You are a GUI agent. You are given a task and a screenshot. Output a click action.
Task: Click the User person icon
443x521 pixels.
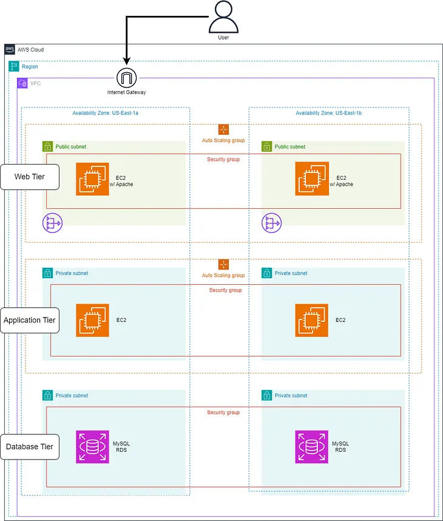tap(223, 16)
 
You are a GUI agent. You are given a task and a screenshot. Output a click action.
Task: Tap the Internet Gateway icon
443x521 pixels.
tap(126, 78)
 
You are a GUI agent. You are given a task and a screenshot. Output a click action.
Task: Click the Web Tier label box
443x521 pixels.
tap(30, 177)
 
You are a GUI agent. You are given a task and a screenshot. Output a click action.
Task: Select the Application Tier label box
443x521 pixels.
tap(30, 320)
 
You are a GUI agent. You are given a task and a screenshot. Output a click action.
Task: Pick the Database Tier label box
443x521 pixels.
tap(30, 447)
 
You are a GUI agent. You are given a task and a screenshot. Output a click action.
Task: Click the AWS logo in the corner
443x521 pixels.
tap(10, 50)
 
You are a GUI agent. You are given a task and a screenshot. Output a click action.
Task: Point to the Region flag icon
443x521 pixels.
tap(14, 66)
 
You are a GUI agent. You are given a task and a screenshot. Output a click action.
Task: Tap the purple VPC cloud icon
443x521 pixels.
tap(22, 83)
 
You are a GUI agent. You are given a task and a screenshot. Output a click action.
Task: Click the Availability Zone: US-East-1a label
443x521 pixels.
tap(105, 113)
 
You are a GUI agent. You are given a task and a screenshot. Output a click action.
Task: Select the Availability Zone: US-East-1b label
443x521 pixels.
tap(329, 113)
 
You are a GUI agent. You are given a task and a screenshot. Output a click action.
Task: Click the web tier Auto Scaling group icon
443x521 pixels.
tap(223, 129)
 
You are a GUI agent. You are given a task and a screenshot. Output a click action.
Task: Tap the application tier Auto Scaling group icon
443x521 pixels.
tap(223, 265)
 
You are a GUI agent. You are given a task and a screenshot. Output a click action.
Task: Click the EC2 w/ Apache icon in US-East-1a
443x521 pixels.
tap(92, 179)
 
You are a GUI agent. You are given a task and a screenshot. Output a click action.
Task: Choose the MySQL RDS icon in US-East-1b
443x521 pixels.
tap(311, 447)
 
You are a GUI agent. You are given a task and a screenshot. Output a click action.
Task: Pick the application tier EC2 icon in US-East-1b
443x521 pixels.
tap(311, 320)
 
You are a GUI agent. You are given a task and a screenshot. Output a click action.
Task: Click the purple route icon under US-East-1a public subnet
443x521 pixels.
tap(52, 223)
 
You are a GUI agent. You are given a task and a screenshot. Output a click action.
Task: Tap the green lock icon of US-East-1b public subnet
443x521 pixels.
tap(266, 146)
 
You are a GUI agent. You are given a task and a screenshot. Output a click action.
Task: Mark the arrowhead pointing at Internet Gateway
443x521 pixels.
tap(126, 61)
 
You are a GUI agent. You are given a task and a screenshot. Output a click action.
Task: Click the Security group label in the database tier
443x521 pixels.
tap(223, 412)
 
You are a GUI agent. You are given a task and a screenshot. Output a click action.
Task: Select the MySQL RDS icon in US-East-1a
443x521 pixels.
tap(92, 447)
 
